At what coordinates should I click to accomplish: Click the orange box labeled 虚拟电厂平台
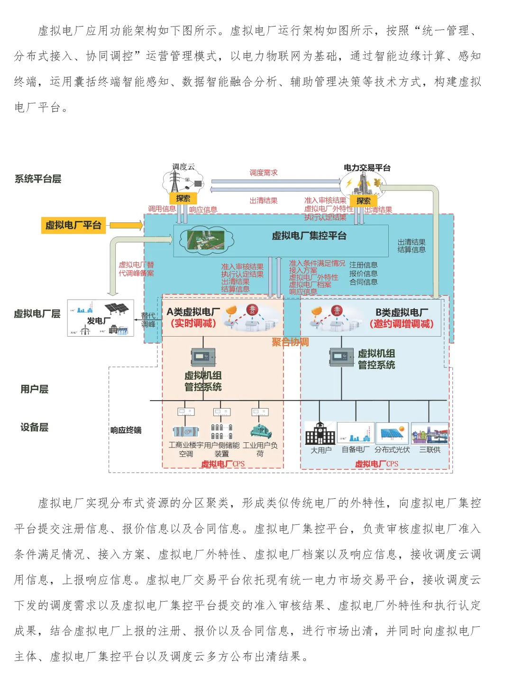pyautogui.click(x=73, y=225)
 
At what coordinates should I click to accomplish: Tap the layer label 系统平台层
pyautogui.click(x=38, y=179)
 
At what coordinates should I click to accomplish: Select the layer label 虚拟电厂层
pyautogui.click(x=37, y=313)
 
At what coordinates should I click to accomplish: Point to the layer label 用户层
pyautogui.click(x=34, y=389)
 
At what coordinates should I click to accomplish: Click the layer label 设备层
pyautogui.click(x=34, y=427)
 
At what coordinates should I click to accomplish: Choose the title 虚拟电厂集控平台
pyautogui.click(x=309, y=236)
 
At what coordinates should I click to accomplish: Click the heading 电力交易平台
pyautogui.click(x=367, y=167)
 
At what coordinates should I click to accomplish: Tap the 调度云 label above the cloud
pyautogui.click(x=183, y=166)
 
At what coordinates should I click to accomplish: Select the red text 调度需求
pyautogui.click(x=264, y=173)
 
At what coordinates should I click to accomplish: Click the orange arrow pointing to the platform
pyautogui.click(x=126, y=225)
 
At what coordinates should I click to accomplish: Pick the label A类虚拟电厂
pyautogui.click(x=193, y=311)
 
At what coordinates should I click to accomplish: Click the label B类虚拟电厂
pyautogui.click(x=402, y=312)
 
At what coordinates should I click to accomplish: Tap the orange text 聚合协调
pyautogui.click(x=290, y=342)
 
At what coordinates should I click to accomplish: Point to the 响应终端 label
pyautogui.click(x=126, y=430)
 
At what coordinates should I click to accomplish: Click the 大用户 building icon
pyautogui.click(x=320, y=433)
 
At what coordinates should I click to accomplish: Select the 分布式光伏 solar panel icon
pyautogui.click(x=392, y=433)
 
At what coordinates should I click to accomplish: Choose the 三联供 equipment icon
pyautogui.click(x=430, y=433)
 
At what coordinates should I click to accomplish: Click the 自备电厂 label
pyautogui.click(x=356, y=449)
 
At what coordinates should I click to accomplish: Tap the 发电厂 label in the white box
pyautogui.click(x=99, y=321)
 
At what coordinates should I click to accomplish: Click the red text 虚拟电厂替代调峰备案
pyautogui.click(x=136, y=269)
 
